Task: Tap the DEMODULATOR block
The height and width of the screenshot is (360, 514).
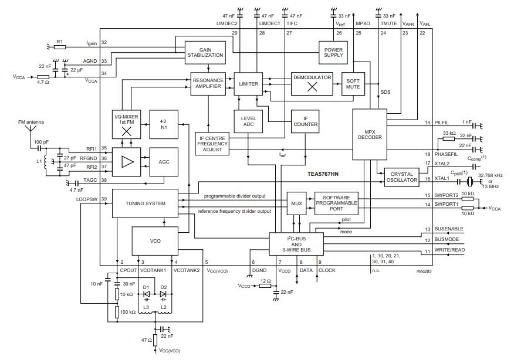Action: [313, 84]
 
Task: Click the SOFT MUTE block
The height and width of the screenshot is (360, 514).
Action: [352, 84]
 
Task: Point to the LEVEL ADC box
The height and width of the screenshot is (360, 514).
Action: [249, 120]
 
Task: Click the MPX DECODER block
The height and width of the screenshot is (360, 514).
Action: [370, 134]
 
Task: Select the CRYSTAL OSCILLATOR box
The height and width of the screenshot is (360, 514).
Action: [401, 178]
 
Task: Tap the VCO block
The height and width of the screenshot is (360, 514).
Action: [155, 240]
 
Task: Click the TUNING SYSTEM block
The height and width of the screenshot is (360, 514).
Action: [145, 203]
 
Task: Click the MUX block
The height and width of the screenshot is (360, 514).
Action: [296, 203]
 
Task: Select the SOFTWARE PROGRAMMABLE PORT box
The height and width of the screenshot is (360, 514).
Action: [336, 203]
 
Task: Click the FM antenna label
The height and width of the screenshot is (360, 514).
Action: [31, 122]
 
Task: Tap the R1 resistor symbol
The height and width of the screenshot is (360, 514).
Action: [59, 43]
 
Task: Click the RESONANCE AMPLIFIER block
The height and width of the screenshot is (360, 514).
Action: [208, 84]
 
